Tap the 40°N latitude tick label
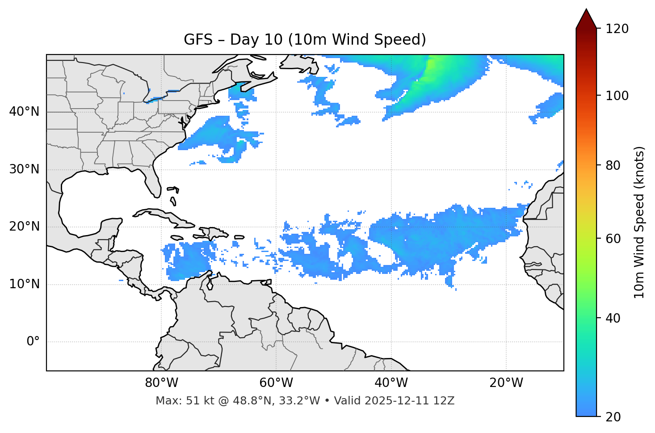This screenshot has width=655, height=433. click(x=24, y=112)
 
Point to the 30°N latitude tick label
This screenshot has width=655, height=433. click(x=24, y=169)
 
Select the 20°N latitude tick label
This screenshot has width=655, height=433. click(x=24, y=227)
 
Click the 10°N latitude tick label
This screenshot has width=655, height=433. click(x=24, y=284)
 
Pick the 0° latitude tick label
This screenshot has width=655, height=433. click(x=33, y=342)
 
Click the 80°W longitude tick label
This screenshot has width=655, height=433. click(x=161, y=383)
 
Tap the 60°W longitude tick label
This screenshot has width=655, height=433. click(x=276, y=383)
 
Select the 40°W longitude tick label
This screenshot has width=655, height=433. click(x=391, y=383)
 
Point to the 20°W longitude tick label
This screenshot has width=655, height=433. click(x=506, y=383)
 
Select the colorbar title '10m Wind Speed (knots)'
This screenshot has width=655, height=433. click(x=639, y=222)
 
